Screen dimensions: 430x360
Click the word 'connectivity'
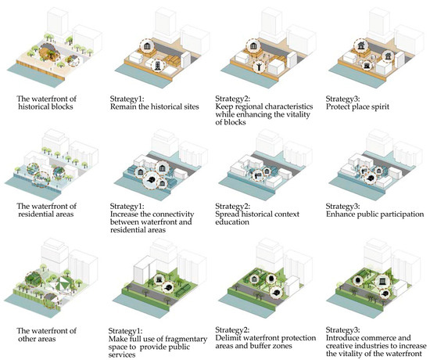coord(173,214)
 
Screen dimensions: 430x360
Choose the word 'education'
coord(232,222)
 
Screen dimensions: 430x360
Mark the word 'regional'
coord(248,106)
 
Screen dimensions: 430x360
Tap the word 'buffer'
coord(262,345)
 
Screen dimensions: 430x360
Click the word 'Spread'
coord(227,214)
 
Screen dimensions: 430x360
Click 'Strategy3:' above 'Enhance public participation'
coord(342,207)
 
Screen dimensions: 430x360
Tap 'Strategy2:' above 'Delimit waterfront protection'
coord(232,329)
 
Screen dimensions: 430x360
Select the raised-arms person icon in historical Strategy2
coord(259,67)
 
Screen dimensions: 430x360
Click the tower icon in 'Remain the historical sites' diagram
coord(157,66)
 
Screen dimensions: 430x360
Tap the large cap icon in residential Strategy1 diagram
coord(151,180)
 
